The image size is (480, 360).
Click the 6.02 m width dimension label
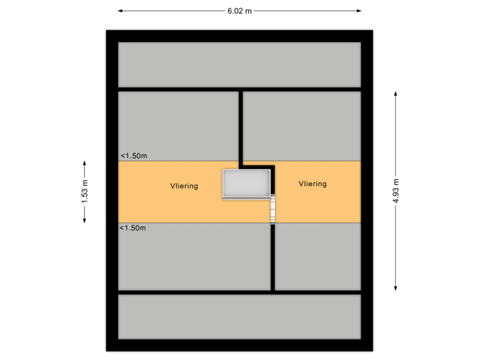tap(239, 11)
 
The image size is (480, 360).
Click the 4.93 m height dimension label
tap(396, 191)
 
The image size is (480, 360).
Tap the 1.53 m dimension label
tap(85, 192)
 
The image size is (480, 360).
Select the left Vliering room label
tap(184, 186)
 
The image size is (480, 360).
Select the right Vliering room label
tap(313, 184)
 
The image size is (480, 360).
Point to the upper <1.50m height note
tap(133, 156)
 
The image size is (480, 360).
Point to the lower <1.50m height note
tap(133, 228)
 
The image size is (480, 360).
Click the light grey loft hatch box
tap(247, 183)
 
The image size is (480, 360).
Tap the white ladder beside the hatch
tap(273, 209)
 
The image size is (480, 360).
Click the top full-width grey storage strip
tap(239, 64)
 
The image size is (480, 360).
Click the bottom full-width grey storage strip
tap(239, 317)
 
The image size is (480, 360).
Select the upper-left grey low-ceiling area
tap(178, 125)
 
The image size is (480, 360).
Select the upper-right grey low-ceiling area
tap(301, 125)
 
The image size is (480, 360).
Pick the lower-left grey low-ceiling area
tap(194, 257)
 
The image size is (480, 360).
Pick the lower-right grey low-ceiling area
tap(318, 257)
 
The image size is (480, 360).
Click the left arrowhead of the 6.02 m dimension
tap(121, 11)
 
